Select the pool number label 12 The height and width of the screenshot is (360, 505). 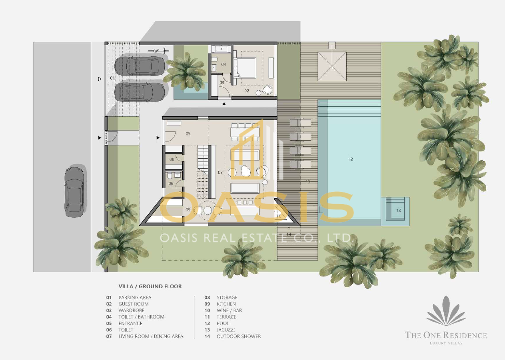pyautogui.click(x=351, y=159)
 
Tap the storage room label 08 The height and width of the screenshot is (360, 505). pyautogui.click(x=172, y=159)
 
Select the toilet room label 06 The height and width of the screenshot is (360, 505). pyautogui.click(x=171, y=183)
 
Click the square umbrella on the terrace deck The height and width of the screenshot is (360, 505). pyautogui.click(x=331, y=66)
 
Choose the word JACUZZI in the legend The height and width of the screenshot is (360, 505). pyautogui.click(x=226, y=330)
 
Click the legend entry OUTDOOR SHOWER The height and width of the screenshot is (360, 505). pyautogui.click(x=238, y=336)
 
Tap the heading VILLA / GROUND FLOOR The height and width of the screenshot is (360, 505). pyautogui.click(x=150, y=286)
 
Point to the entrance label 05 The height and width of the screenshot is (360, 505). pyautogui.click(x=188, y=133)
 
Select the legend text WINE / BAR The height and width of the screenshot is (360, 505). pyautogui.click(x=229, y=310)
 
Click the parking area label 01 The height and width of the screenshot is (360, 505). pyautogui.click(x=112, y=78)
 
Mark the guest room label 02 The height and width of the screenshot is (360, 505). pyautogui.click(x=247, y=91)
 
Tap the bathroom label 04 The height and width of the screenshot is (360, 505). pyautogui.click(x=224, y=64)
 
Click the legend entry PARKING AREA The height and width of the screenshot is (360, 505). pyautogui.click(x=135, y=298)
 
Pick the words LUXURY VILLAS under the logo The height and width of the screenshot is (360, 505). pyautogui.click(x=446, y=343)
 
